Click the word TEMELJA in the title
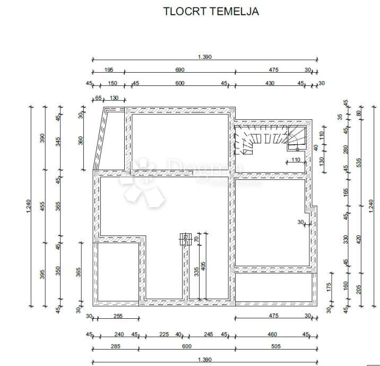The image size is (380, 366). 234,11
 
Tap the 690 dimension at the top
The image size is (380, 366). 179,70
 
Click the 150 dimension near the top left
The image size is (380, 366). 113,83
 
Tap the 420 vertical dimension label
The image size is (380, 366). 359,239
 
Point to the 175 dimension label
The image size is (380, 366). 330,287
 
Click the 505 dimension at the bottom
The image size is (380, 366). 276,347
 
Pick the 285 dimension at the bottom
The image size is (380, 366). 116,347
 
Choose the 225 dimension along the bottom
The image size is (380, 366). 164,335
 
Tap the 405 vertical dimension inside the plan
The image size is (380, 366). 203,266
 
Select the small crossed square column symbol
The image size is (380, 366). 185,238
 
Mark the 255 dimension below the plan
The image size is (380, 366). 118,316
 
